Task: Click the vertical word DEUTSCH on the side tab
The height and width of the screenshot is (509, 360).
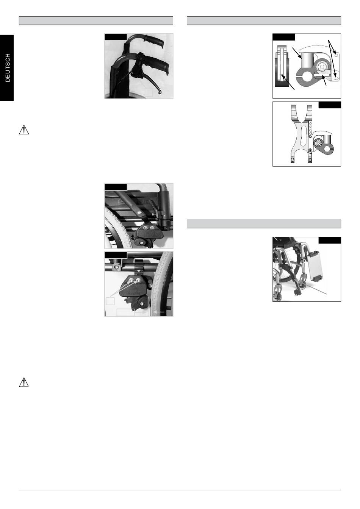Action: [x=8, y=68]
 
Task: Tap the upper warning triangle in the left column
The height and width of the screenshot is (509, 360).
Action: [x=23, y=130]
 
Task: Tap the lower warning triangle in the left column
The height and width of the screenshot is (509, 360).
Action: [x=23, y=382]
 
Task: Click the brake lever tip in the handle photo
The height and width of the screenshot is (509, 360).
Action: [x=160, y=92]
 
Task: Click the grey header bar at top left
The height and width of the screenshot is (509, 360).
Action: [x=96, y=21]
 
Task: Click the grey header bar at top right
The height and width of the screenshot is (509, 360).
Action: [x=264, y=21]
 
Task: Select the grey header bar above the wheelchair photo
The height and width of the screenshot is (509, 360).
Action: [x=264, y=224]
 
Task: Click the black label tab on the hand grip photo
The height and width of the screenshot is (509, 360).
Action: [x=116, y=37]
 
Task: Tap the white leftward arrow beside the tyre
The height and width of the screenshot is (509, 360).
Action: [x=158, y=312]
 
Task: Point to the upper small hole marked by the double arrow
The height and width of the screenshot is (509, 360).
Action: [x=336, y=55]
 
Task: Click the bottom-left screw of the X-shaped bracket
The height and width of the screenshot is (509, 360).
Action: [x=292, y=161]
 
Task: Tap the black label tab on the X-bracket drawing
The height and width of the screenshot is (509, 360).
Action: [x=330, y=105]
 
